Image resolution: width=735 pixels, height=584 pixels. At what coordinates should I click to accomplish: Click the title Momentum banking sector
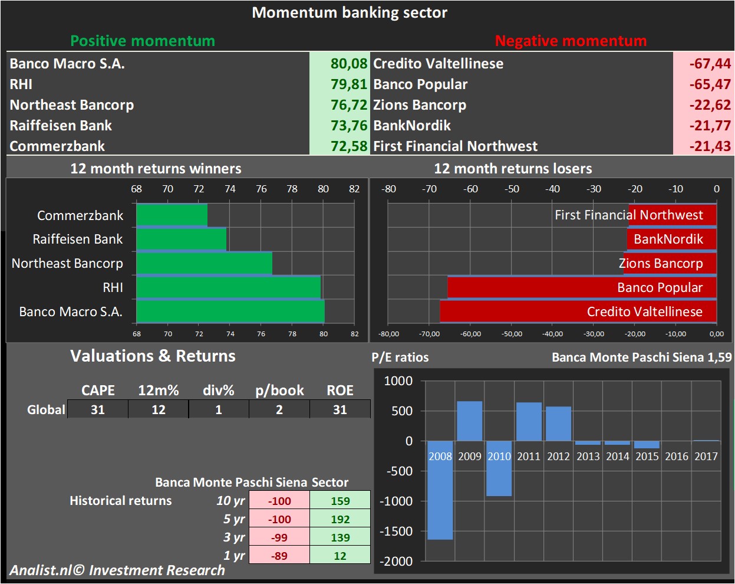350,12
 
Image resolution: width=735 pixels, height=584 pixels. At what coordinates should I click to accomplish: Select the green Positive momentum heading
143,41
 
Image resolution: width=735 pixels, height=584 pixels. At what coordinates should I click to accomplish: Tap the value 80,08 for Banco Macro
348,64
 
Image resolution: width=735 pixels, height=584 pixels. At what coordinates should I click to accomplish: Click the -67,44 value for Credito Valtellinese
710,64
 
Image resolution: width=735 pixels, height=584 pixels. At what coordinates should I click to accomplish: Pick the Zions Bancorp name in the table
419,105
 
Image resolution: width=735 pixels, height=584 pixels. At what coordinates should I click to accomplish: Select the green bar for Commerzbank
172,215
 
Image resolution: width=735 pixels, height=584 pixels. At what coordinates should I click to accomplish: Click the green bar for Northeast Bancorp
204,264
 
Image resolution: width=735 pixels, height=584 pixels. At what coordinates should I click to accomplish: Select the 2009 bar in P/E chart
469,421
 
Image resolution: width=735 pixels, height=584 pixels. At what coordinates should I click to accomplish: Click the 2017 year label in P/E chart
706,456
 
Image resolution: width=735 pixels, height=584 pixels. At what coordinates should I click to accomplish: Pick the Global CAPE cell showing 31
98,409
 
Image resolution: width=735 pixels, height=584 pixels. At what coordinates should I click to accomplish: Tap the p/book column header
279,391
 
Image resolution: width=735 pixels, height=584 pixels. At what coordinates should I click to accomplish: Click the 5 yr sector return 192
340,519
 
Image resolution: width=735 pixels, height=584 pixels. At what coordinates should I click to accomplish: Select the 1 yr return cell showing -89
279,556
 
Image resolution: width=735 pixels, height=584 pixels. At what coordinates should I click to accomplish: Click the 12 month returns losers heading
512,169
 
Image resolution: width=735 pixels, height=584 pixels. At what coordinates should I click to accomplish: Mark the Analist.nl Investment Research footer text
117,570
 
